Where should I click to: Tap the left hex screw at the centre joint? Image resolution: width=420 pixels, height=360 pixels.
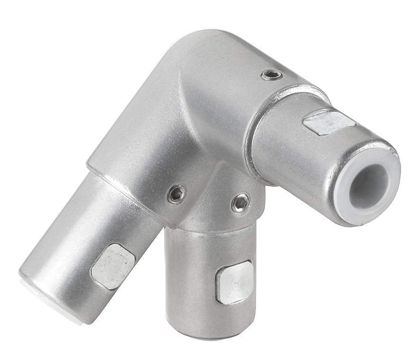176,194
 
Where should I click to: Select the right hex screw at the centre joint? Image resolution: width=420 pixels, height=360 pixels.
240,203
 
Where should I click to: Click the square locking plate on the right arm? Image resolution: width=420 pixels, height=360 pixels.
329,122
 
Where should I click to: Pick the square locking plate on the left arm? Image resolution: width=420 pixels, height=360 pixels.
113,266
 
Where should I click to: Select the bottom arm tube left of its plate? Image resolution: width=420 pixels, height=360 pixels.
190,279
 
